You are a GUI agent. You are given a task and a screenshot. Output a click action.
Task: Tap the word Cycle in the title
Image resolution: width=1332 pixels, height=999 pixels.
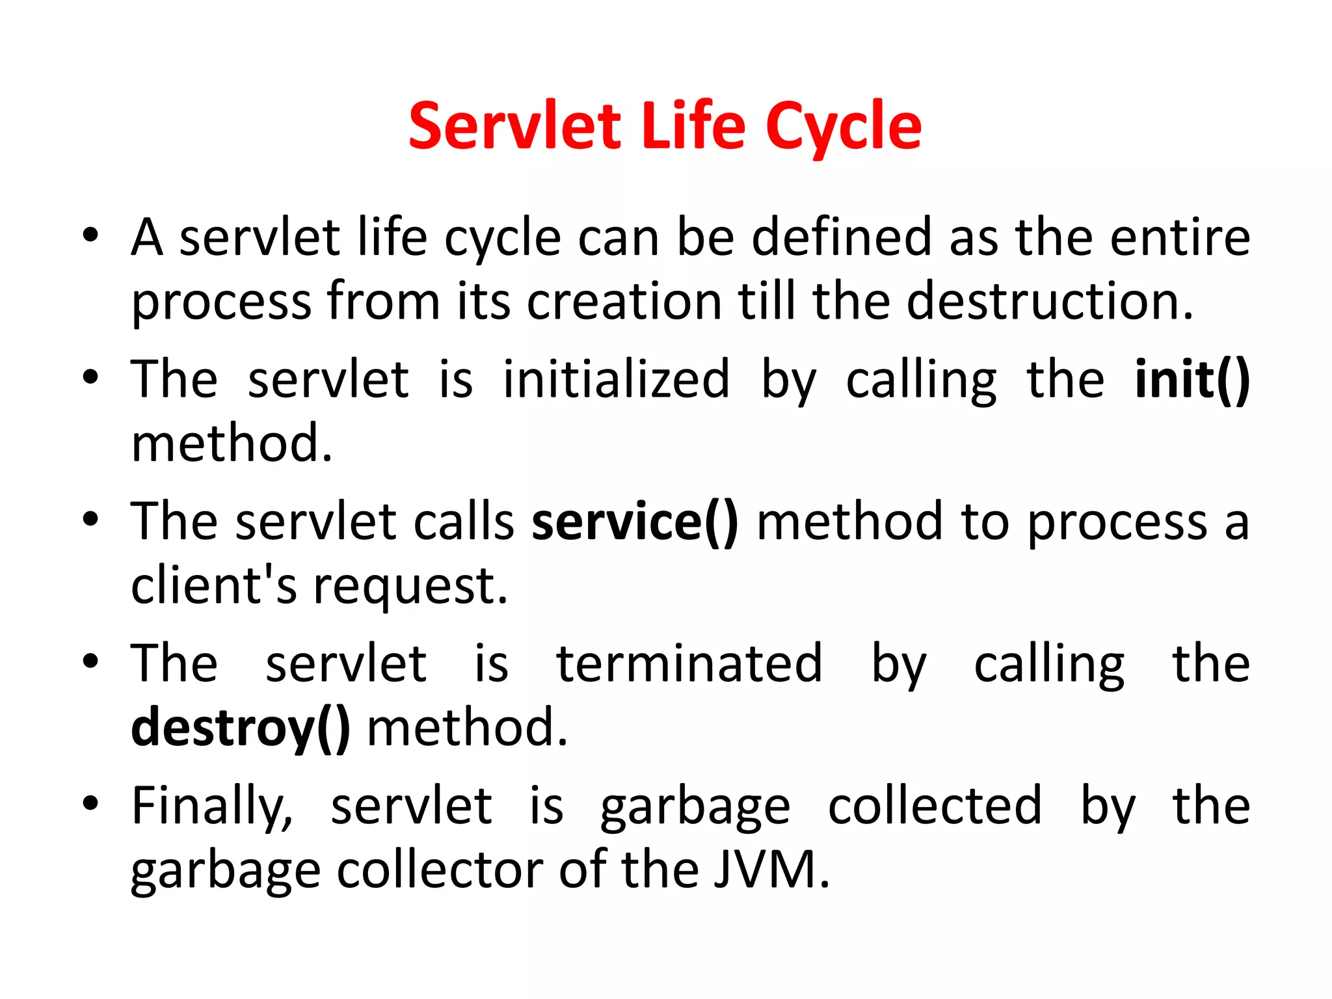844,127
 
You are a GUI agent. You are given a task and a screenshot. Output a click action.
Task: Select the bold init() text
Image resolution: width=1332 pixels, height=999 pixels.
1192,379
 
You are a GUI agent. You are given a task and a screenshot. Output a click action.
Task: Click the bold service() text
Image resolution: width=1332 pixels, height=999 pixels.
635,522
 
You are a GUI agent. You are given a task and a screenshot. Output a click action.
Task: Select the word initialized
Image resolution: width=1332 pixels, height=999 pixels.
616,379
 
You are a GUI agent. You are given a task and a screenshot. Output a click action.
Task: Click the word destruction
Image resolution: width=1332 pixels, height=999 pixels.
1050,301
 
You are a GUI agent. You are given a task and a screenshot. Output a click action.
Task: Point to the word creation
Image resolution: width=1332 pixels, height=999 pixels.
624,301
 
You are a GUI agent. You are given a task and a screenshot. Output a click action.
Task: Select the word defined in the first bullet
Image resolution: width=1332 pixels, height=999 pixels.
842,237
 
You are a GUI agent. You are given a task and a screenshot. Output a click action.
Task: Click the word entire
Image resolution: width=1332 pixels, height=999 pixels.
1180,237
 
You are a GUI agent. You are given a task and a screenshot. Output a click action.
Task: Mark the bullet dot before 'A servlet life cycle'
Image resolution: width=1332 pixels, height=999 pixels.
90,235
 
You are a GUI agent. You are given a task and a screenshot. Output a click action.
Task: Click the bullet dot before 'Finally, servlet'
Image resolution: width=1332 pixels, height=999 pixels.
90,804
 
